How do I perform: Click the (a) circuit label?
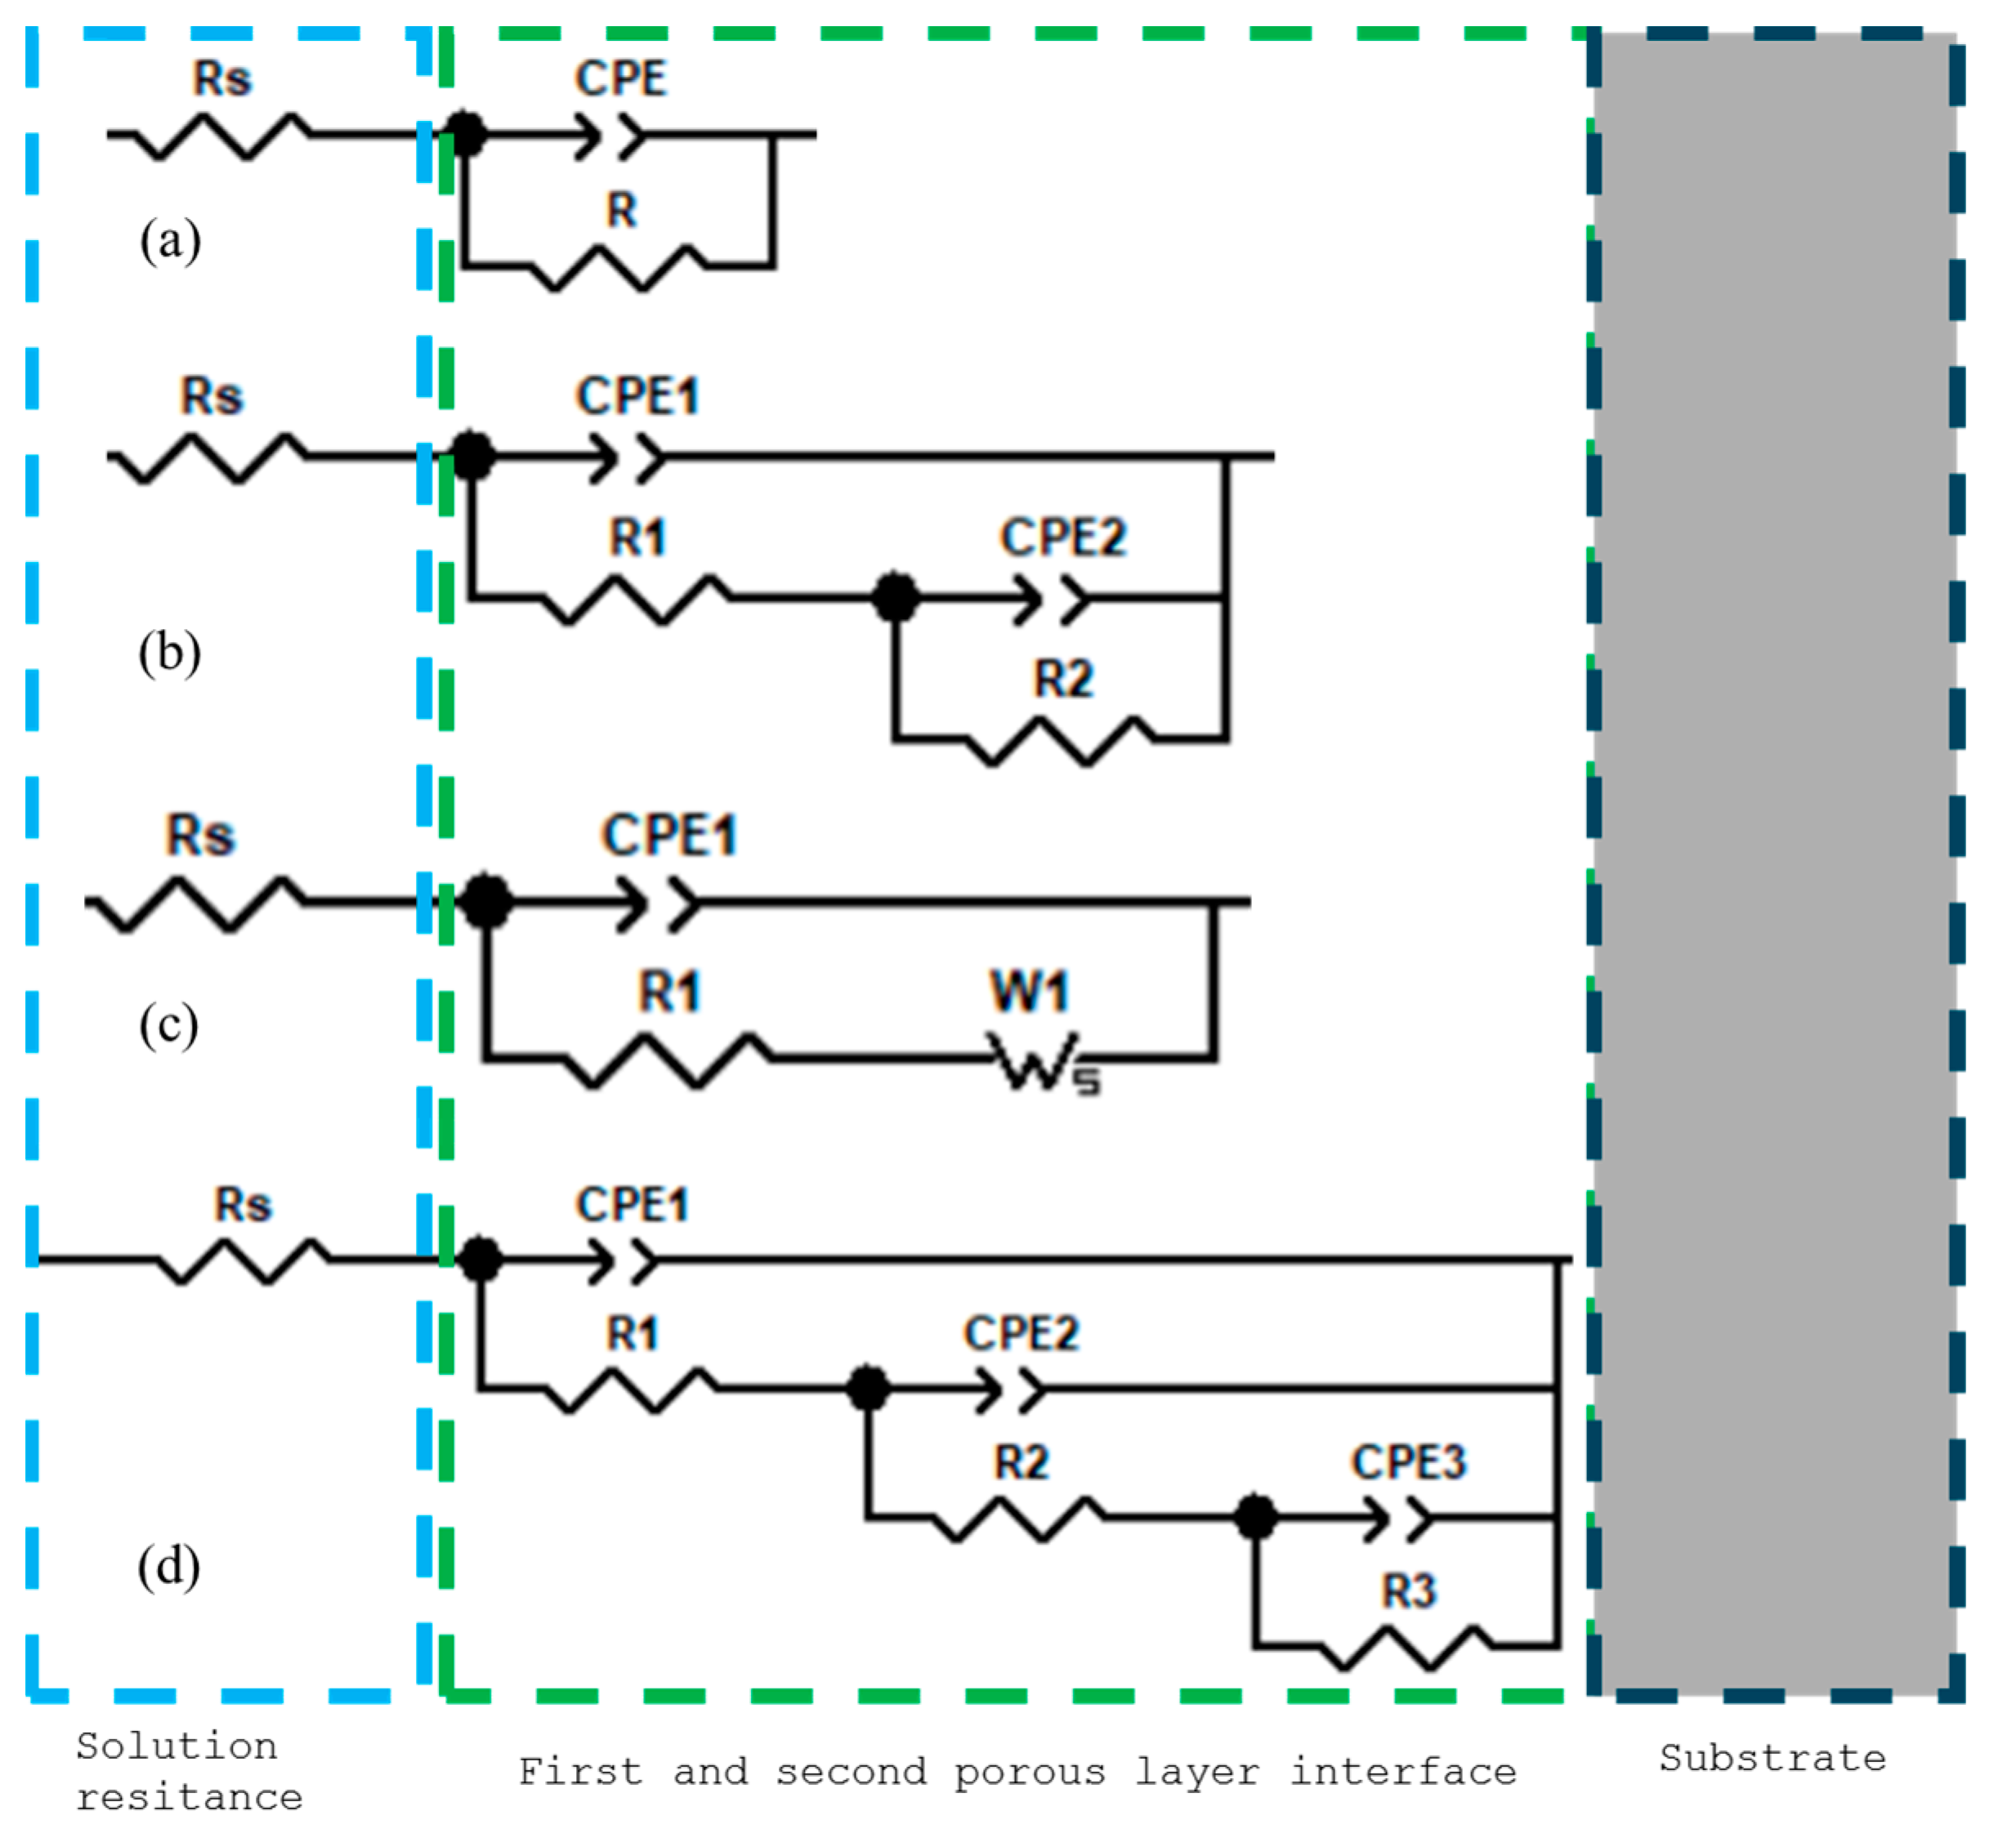coord(170,241)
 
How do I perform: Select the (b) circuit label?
coord(170,654)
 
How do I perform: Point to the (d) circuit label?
coord(169,1567)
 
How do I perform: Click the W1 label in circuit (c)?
coord(1029,992)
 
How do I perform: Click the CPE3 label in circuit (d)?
coord(1408,1462)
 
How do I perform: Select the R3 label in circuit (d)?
coord(1409,1591)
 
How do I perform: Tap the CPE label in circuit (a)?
coord(621,78)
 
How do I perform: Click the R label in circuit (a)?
coord(622,211)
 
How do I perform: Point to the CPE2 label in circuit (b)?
coord(1062,538)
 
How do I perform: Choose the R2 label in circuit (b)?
coord(1062,680)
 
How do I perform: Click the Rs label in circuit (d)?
coord(243,1206)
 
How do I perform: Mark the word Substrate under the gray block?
coord(1772,1759)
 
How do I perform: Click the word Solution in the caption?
coord(177,1747)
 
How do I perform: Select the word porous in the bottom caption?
coord(1030,1773)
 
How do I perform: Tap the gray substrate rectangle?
coord(1774,855)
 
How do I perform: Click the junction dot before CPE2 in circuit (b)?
coord(896,597)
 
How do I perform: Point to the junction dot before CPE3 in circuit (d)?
coord(1256,1518)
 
